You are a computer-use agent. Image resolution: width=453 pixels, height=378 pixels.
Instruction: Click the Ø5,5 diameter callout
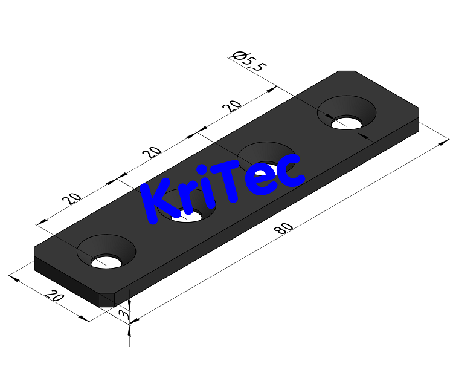tap(248, 61)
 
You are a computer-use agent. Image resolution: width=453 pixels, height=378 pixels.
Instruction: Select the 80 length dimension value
tap(284, 229)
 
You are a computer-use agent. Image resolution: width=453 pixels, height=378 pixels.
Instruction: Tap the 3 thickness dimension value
tap(123, 314)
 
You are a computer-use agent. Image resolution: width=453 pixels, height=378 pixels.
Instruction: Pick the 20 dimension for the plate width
tap(54, 296)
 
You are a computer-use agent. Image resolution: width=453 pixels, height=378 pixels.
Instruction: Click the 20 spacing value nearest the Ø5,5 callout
tap(232, 106)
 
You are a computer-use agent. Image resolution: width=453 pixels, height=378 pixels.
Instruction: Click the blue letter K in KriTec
tap(157, 202)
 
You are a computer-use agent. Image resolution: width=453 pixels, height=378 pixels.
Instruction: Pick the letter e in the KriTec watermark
tap(263, 178)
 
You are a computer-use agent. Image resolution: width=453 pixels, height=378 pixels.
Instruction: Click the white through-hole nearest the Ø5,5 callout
tap(347, 123)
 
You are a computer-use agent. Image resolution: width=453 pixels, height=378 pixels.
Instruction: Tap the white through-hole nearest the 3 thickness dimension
tap(106, 262)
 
